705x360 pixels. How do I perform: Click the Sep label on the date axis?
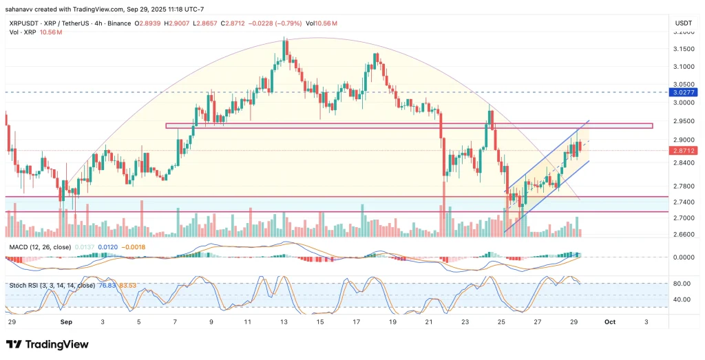(x=67, y=321)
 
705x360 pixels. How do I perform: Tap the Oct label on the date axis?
(x=611, y=321)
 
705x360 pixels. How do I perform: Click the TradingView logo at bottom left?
(x=48, y=344)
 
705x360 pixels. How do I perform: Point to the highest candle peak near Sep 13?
(x=285, y=41)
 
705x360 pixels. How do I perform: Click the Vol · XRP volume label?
(x=21, y=32)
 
